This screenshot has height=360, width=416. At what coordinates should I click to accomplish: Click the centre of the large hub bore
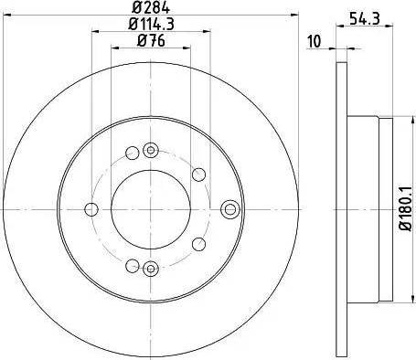(151, 208)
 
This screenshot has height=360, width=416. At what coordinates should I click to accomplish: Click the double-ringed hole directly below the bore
(152, 267)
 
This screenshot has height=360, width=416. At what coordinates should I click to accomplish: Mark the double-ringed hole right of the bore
(229, 208)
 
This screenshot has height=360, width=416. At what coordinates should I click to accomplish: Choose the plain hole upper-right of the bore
(197, 175)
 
